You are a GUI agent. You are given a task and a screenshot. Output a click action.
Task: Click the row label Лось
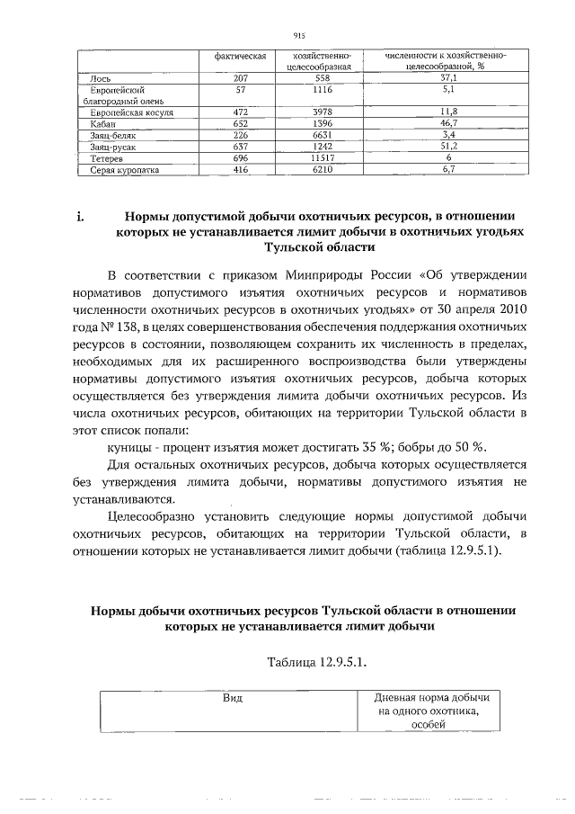click(x=100, y=78)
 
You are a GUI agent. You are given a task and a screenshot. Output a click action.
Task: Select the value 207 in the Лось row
click(x=240, y=78)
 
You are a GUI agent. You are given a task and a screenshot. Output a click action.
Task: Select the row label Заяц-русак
click(x=112, y=146)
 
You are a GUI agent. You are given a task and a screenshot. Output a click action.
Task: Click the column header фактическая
click(x=240, y=56)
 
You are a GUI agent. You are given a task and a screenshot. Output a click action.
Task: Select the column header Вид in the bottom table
click(x=233, y=698)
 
